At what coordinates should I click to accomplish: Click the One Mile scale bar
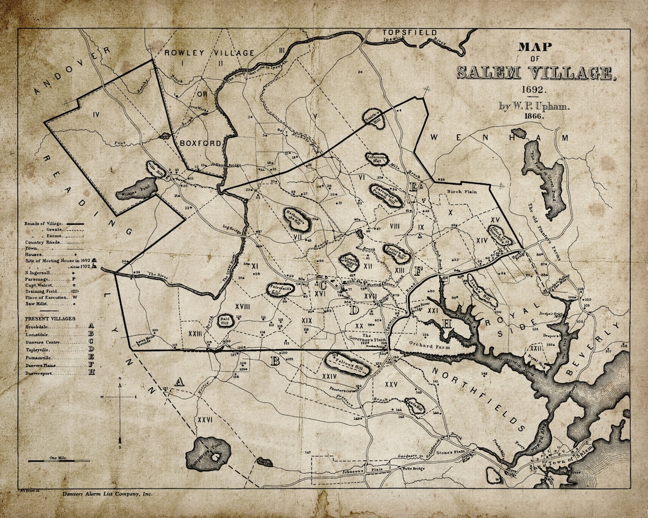[59, 460]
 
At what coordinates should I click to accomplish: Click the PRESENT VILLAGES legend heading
[50, 318]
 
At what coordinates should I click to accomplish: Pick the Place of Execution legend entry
[47, 296]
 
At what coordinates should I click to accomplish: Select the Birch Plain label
[461, 192]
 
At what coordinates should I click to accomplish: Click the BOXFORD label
[200, 143]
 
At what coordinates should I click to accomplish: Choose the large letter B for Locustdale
[275, 361]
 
